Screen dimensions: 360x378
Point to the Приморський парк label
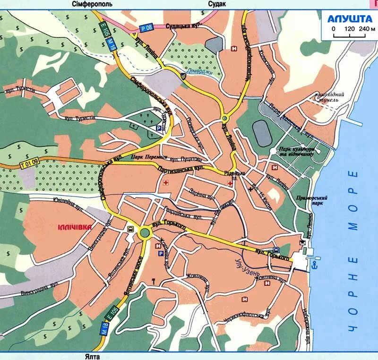(x=310, y=201)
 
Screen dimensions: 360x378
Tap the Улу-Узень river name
(x=249, y=267)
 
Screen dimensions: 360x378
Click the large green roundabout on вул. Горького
(x=145, y=232)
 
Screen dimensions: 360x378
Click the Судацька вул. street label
(x=182, y=26)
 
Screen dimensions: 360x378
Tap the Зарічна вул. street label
(x=201, y=194)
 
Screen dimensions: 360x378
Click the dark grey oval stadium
(x=263, y=133)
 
